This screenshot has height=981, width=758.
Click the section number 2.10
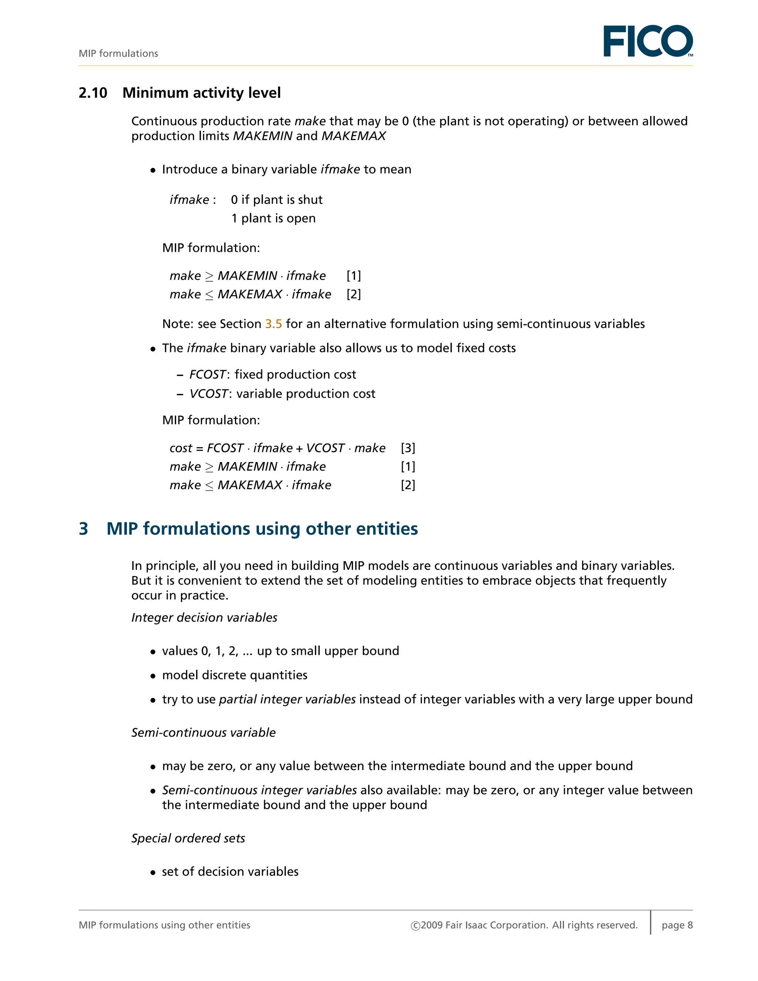[93, 93]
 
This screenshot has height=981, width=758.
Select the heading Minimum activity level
[202, 93]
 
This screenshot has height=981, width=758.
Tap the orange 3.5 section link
[273, 324]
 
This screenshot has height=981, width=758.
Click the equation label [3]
[408, 448]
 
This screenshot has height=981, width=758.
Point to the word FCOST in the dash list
[207, 375]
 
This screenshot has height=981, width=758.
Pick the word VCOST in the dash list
[208, 394]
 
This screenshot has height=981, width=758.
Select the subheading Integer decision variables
[204, 617]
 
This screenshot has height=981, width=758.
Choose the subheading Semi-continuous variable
[204, 733]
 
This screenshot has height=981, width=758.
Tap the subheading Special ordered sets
[188, 838]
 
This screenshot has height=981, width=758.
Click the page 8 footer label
[677, 925]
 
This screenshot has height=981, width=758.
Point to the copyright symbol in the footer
[415, 926]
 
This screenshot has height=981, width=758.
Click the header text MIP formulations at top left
[118, 53]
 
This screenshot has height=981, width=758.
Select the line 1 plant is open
[273, 218]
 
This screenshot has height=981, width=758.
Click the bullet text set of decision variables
[230, 872]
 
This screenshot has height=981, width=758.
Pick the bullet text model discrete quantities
[234, 675]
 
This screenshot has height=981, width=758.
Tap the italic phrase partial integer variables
[287, 699]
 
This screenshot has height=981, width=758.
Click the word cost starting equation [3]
[181, 448]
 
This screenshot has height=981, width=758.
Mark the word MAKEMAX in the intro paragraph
[353, 136]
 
